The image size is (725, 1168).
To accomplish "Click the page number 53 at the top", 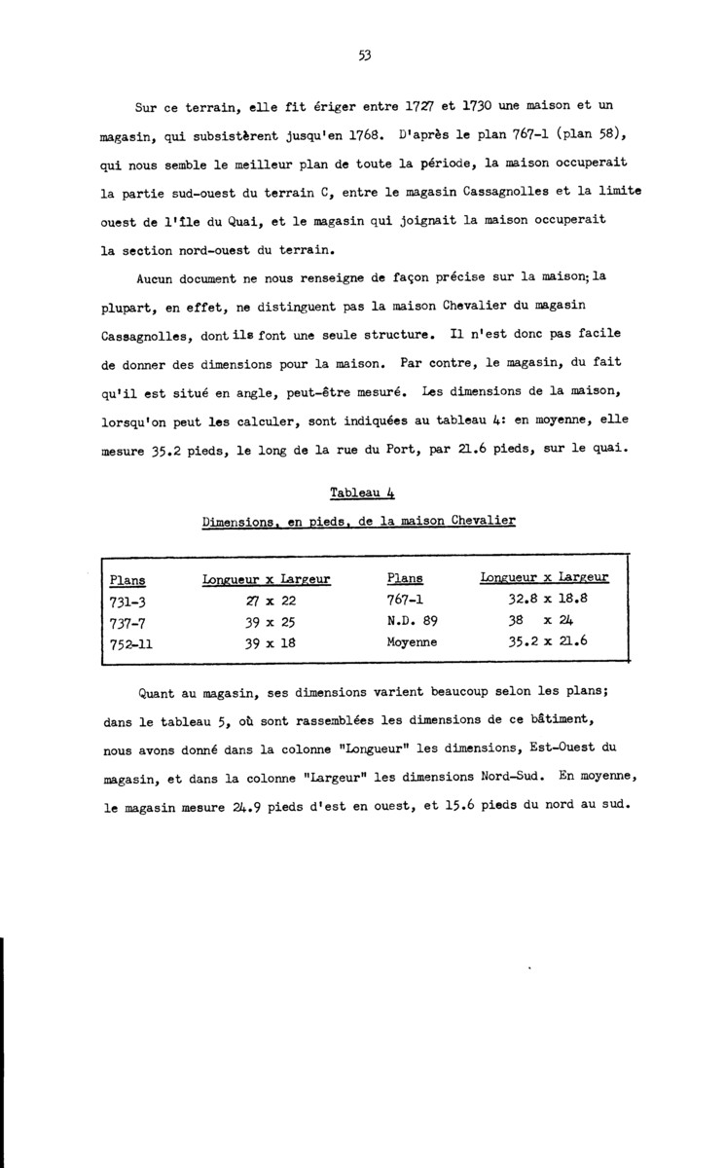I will tap(364, 55).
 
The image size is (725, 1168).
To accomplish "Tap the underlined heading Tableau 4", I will tap(360, 495).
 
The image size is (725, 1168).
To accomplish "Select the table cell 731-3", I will tap(128, 601).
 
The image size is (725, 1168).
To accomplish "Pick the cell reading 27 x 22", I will tap(267, 601).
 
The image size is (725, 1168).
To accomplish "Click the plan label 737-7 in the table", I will tap(128, 622).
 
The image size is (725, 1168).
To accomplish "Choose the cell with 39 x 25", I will tap(267, 622).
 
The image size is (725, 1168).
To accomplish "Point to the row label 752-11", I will tap(131, 643).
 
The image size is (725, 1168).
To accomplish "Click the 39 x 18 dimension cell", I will tap(267, 643).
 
